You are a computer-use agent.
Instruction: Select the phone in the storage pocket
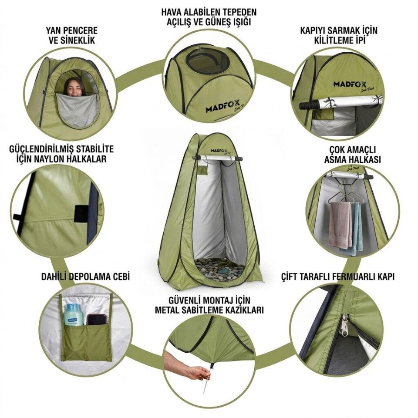[97, 319]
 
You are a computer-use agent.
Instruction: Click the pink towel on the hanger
[339, 225]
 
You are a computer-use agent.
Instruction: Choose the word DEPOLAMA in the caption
[92, 277]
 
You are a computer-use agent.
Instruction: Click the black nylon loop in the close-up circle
[79, 214]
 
